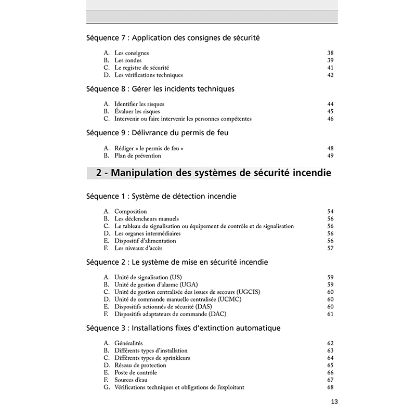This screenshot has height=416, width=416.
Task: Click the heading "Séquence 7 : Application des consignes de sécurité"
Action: [173, 38]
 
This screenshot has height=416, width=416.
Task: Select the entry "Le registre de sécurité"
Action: [141, 68]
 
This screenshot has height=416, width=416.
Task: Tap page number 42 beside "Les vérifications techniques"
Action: [330, 75]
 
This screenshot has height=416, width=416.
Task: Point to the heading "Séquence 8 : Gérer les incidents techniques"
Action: [160, 89]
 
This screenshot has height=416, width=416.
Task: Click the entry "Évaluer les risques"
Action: [137, 111]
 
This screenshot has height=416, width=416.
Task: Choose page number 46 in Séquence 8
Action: [330, 119]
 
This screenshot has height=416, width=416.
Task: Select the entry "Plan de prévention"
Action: [138, 155]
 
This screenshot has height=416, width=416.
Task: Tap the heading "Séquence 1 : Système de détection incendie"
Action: [161, 197]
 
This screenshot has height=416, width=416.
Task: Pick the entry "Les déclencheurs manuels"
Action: [147, 219]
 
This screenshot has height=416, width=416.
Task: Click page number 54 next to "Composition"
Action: [330, 212]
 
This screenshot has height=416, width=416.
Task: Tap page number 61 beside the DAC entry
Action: [330, 314]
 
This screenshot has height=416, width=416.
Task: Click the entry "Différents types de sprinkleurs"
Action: [152, 358]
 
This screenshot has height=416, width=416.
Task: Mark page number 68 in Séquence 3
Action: [330, 387]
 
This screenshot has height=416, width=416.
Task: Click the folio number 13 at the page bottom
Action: [334, 401]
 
